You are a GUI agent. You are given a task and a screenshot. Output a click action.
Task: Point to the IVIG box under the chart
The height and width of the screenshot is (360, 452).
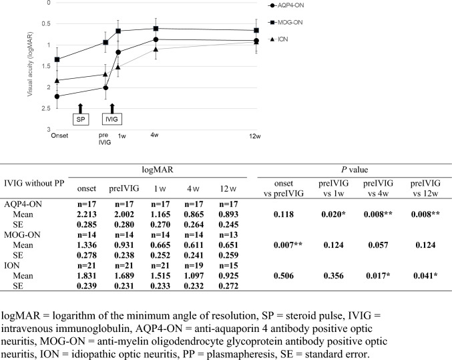coord(111,120)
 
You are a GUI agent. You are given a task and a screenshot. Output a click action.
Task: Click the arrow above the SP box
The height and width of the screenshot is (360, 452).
coord(79,107)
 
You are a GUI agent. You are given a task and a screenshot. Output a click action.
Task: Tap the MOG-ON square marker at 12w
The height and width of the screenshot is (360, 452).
coord(257,30)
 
